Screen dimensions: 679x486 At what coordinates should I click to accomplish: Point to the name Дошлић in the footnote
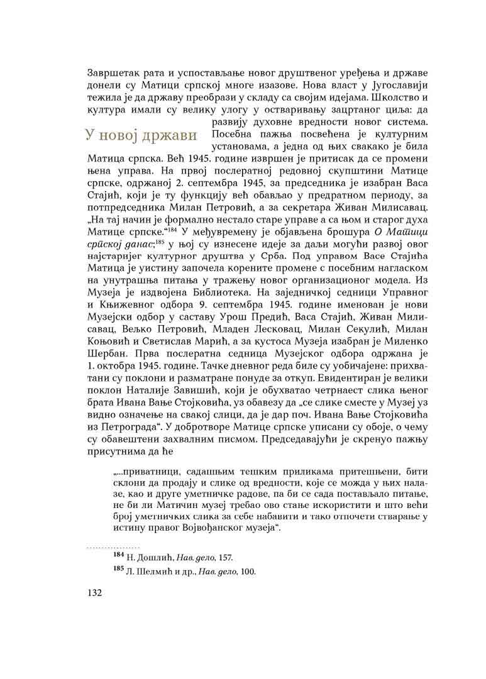148,558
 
